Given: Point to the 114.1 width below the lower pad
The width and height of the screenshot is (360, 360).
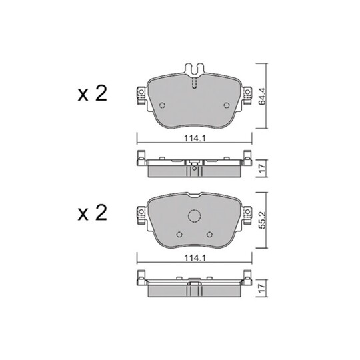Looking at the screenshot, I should [193, 261].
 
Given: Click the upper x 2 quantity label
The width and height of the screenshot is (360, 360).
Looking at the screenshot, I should [92, 94].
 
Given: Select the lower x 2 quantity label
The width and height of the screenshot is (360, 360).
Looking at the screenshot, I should [92, 213].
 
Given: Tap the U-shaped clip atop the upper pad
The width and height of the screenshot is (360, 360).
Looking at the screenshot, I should [193, 69].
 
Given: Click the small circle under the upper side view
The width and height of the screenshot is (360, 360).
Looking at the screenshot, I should [193, 175].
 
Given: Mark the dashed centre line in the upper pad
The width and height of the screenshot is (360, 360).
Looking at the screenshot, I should [193, 83].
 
